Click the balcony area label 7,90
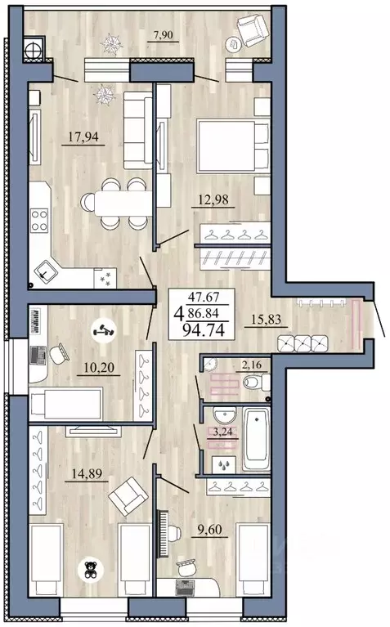pyautogui.click(x=164, y=35)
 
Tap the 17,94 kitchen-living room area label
pyautogui.click(x=83, y=137)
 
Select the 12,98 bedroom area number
pyautogui.click(x=213, y=199)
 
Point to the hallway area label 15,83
pyautogui.click(x=266, y=319)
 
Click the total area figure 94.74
pyautogui.click(x=204, y=330)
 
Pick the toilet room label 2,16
pyautogui.click(x=251, y=365)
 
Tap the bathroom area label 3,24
pyautogui.click(x=223, y=432)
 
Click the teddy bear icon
pyautogui.click(x=91, y=570)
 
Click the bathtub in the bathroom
pyautogui.click(x=257, y=439)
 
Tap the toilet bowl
pyautogui.click(x=257, y=383)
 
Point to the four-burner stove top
pyautogui.click(x=39, y=221)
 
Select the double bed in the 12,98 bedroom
pyautogui.click(x=232, y=147)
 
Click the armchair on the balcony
pyautogui.click(x=252, y=29)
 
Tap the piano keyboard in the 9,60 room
pyautogui.click(x=164, y=533)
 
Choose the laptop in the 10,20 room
pyautogui.click(x=38, y=355)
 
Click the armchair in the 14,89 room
pyautogui.click(x=128, y=496)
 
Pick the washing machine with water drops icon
pyautogui.click(x=223, y=464)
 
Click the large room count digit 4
pyautogui.click(x=178, y=314)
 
